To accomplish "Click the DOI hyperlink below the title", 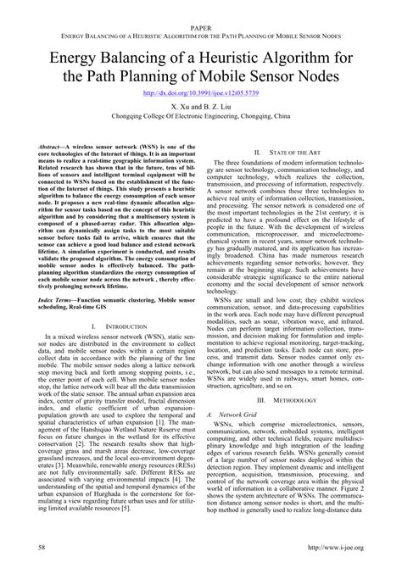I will click(200, 93).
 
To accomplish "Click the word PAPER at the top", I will click(201, 27).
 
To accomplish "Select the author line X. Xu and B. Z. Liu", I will click(201, 109).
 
